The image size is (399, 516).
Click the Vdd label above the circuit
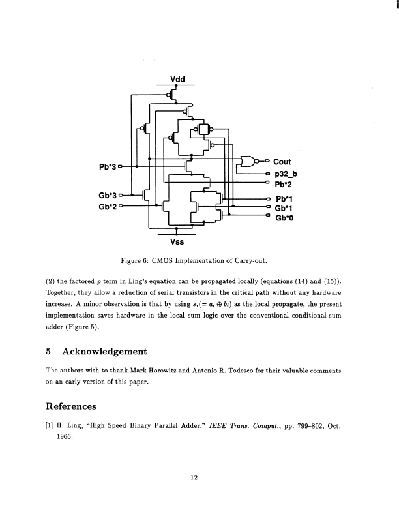pos(177,80)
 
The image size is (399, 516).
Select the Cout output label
pos(282,162)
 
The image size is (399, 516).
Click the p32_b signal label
pos(286,174)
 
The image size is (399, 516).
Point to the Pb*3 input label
pos(108,166)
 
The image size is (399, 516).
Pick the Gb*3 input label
pos(108,194)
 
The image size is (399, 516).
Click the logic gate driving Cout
pos(248,162)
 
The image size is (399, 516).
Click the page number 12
pos(194,477)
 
